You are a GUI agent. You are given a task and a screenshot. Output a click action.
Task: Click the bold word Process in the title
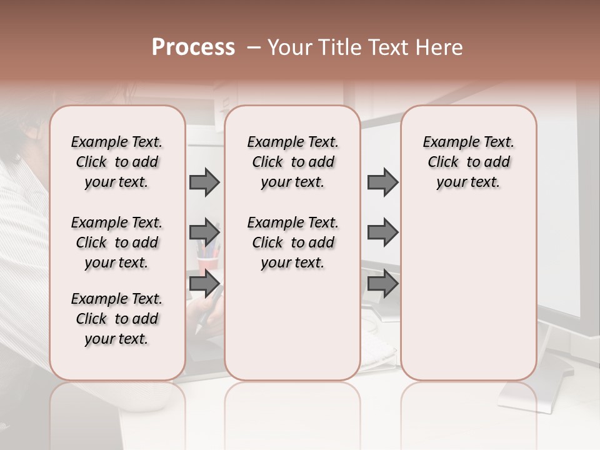pyautogui.click(x=193, y=47)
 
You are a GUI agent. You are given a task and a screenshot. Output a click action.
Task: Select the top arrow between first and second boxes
pyautogui.click(x=204, y=182)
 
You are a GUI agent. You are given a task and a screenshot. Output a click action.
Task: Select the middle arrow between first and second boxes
pyautogui.click(x=204, y=232)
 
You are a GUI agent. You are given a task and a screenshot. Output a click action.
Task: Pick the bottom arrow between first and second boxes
pyautogui.click(x=204, y=284)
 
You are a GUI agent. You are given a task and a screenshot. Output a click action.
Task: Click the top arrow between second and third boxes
pyautogui.click(x=382, y=182)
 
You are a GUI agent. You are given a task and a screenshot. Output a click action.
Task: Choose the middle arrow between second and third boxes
pyautogui.click(x=382, y=232)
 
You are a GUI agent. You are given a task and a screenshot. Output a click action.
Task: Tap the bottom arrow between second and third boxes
pyautogui.click(x=382, y=284)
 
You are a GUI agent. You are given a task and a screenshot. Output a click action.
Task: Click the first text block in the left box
pyautogui.click(x=117, y=162)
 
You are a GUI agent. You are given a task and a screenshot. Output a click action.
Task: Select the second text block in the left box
pyautogui.click(x=117, y=242)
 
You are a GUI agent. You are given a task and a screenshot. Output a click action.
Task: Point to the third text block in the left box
pyautogui.click(x=117, y=319)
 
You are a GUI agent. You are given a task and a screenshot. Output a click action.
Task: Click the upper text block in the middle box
pyautogui.click(x=292, y=162)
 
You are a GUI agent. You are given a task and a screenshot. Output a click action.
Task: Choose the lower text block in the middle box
pyautogui.click(x=292, y=242)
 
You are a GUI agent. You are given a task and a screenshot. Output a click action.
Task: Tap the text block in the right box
pyautogui.click(x=468, y=162)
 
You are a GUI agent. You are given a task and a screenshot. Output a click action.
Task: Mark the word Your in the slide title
pyautogui.click(x=290, y=47)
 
